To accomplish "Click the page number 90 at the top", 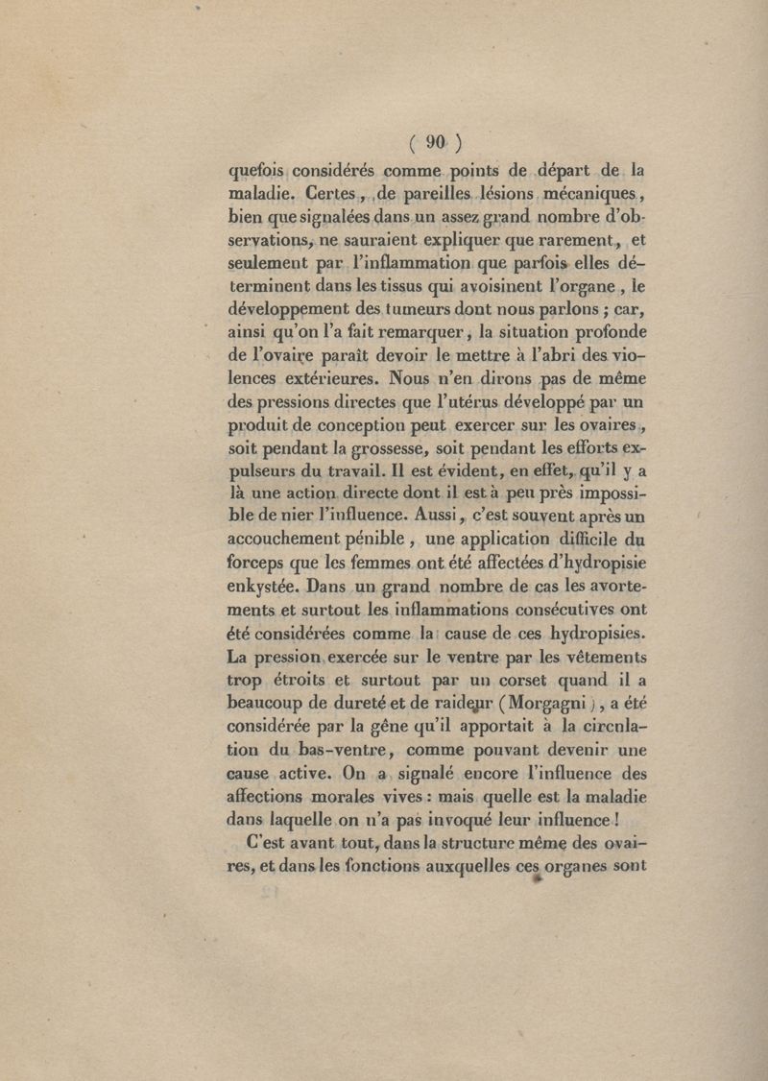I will click(435, 142).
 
